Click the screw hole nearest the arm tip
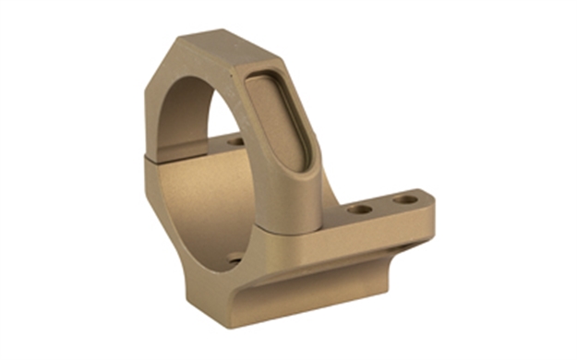403,198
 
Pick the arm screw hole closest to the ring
361,210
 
